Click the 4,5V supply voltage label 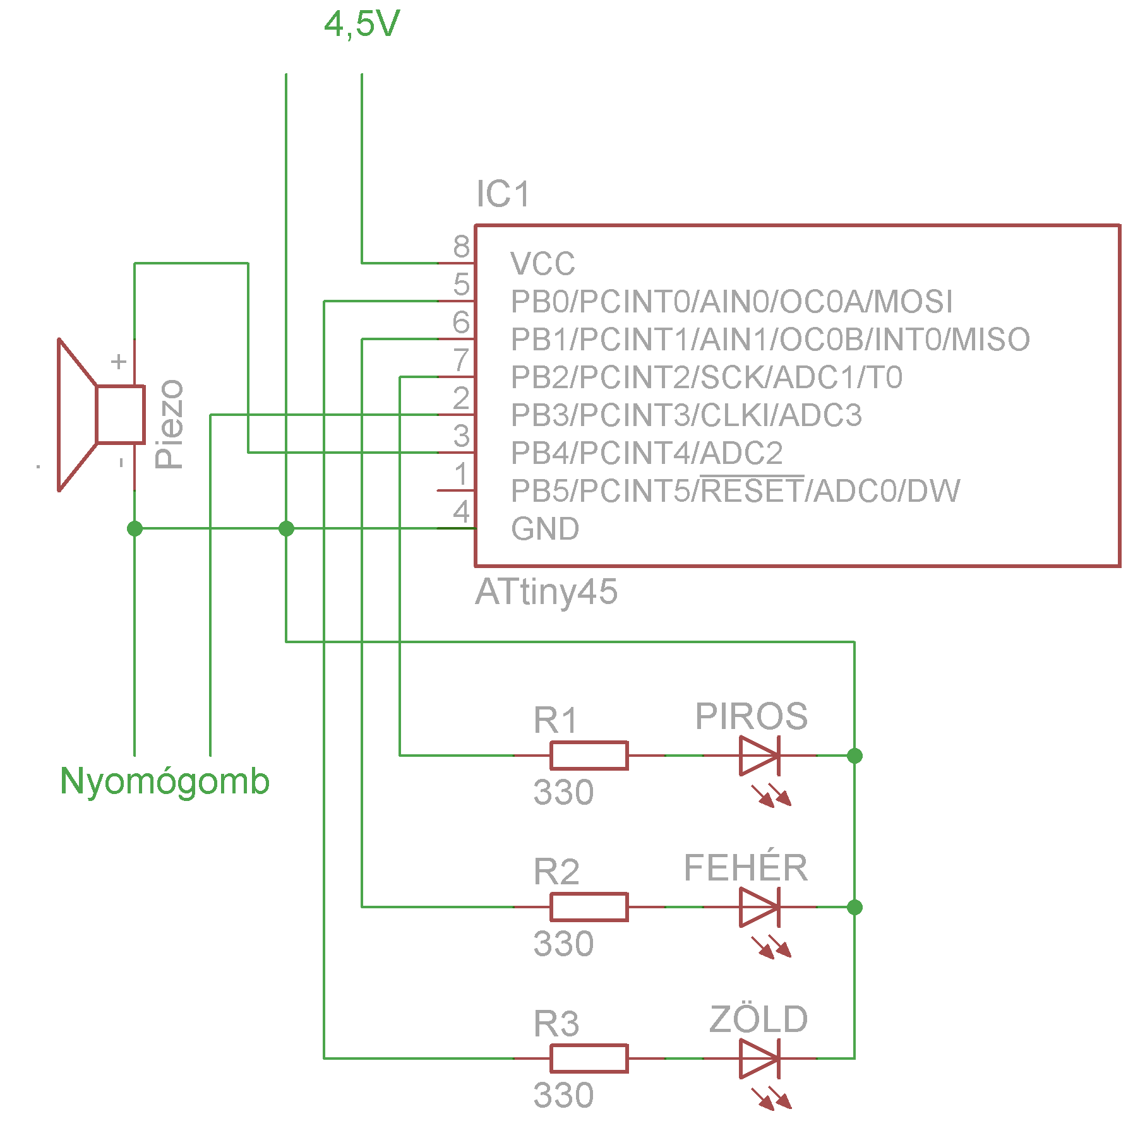point(362,25)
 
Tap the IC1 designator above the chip point(503,194)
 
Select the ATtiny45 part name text point(546,592)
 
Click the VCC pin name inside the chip point(543,264)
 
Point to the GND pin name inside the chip point(545,529)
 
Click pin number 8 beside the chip point(462,246)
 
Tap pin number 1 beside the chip point(462,474)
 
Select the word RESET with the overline point(752,490)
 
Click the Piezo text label point(169,424)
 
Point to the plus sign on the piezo point(119,362)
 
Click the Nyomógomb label point(165,781)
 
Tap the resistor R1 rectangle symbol point(589,756)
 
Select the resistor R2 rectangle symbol point(589,907)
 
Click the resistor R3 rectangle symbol point(589,1059)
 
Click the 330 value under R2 point(563,944)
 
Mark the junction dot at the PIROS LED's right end point(854,756)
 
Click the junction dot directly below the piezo point(135,528)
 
